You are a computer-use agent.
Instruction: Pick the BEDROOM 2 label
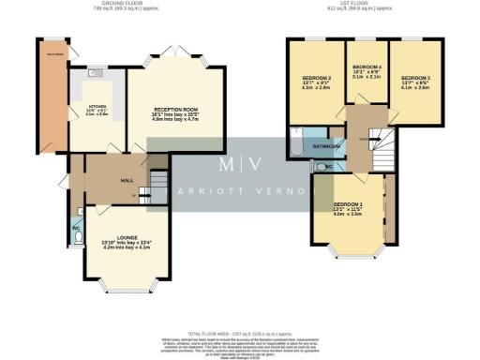point(316,78)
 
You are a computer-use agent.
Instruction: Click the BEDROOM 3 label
point(414,78)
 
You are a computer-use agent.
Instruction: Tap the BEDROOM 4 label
point(366,68)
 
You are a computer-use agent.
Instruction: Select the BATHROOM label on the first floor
point(326,147)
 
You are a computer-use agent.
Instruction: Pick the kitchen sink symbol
point(97,71)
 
